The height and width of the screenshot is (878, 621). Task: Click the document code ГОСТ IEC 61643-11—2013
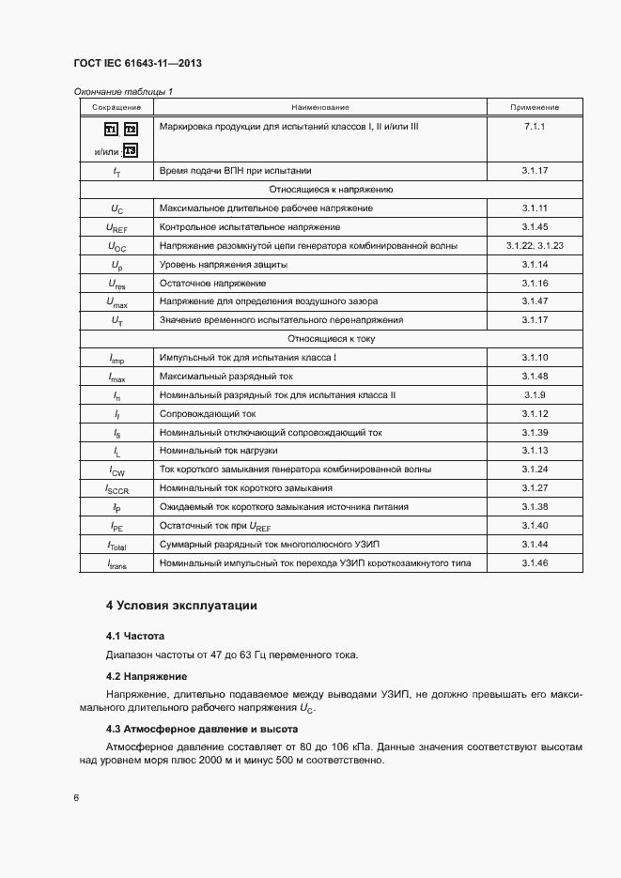coord(137,64)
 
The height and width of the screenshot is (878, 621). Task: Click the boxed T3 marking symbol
coord(131,150)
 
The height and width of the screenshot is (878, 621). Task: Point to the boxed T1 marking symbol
coord(111,129)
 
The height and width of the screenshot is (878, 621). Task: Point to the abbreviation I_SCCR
coord(116,488)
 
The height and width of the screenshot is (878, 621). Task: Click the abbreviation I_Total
coord(116,545)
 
